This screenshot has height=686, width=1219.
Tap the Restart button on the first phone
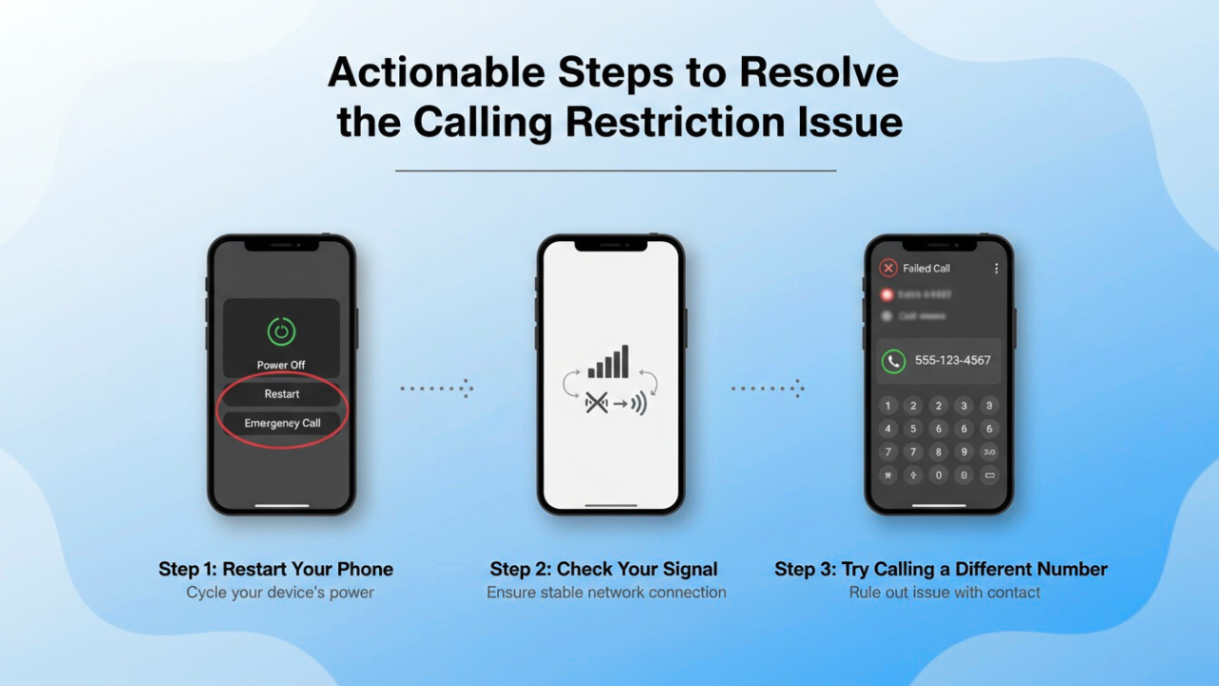point(282,393)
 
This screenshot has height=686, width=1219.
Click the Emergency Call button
point(282,423)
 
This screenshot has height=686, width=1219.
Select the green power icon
point(281,332)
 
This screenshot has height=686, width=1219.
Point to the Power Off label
point(281,365)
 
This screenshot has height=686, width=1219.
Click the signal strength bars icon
point(609,363)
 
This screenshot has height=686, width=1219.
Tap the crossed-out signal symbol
point(596,403)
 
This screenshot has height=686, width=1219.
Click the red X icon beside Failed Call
point(888,269)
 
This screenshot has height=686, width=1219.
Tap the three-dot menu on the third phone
point(996,269)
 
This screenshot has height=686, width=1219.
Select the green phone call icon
point(892,360)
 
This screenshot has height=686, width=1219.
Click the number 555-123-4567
point(952,360)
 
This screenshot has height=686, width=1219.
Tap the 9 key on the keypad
point(964,453)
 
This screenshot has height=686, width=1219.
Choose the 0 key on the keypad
point(938,474)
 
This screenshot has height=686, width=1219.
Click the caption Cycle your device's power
point(280,593)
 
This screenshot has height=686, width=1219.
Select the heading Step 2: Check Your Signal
point(604,569)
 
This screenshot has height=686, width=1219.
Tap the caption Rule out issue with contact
point(945,593)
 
